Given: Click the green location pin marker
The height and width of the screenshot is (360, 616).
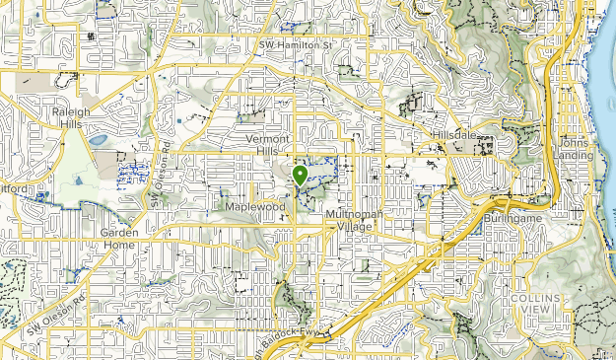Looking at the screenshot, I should pyautogui.click(x=298, y=176).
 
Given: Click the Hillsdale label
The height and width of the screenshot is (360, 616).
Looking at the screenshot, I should pyautogui.click(x=453, y=135).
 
